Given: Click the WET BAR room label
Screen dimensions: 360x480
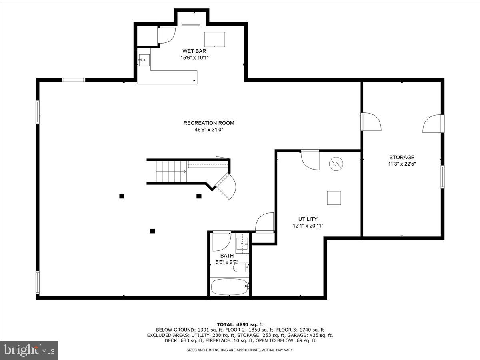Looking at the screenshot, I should coord(194,51).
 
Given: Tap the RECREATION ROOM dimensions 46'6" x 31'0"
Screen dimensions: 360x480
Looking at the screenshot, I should coord(208,130).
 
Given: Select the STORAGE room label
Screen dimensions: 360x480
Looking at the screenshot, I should coord(402,157).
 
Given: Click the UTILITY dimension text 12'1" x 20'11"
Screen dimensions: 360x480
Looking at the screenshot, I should coord(308,226).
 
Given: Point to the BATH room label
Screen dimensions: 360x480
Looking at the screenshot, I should coord(227,256).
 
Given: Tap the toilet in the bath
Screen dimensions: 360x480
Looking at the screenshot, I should coord(241,267).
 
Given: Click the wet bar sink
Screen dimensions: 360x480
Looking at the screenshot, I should coord(144,61).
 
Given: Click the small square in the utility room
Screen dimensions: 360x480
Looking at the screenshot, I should coord(334,198).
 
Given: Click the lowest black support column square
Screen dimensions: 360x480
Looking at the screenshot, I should coord(152,231).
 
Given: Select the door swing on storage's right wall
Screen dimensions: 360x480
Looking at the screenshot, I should coord(433,124).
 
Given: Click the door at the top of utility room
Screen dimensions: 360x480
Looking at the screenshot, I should coord(310,160).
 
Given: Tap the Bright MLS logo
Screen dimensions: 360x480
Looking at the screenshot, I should coord(29,350).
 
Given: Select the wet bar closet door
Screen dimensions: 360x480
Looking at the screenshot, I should coord(167,35).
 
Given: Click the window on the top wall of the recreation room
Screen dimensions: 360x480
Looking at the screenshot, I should coord(74,80).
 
